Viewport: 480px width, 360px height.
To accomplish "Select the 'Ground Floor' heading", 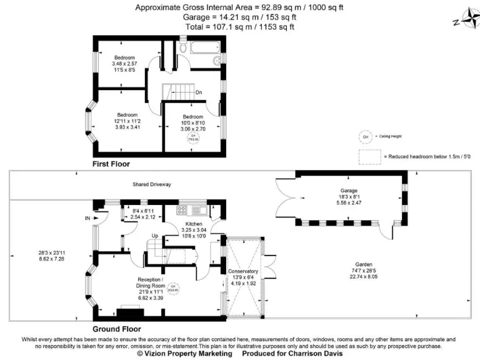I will [x=117, y=329].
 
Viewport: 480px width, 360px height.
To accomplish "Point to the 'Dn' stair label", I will [x=199, y=92].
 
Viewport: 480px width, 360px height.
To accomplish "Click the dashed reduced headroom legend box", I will [x=369, y=156].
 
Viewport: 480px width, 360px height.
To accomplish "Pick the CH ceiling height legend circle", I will [x=364, y=136].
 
